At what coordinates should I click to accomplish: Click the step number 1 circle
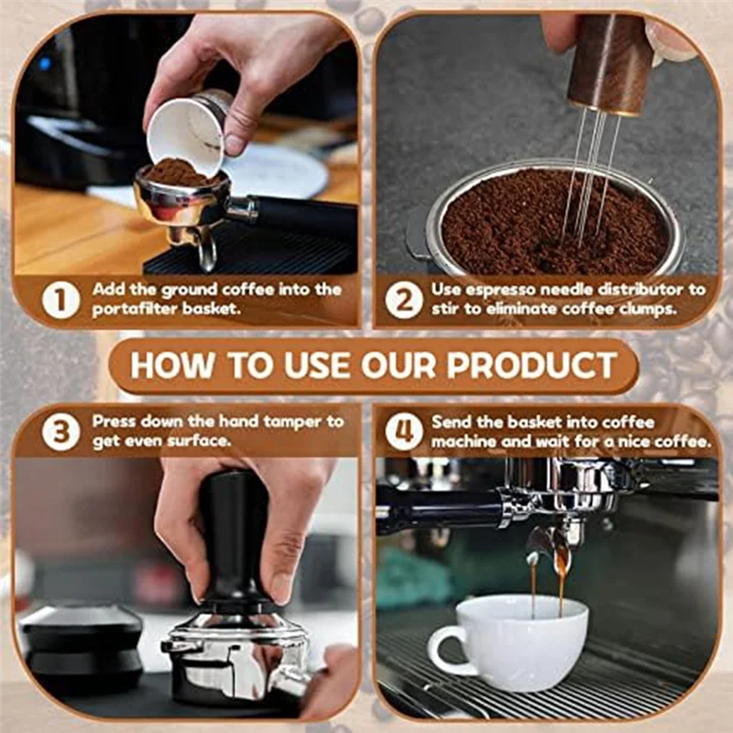(60, 300)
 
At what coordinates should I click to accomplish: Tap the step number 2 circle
(404, 300)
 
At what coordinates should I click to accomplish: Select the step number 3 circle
(60, 432)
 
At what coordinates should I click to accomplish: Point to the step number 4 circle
(404, 432)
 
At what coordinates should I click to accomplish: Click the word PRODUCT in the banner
(532, 365)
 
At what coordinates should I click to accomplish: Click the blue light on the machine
(44, 62)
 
